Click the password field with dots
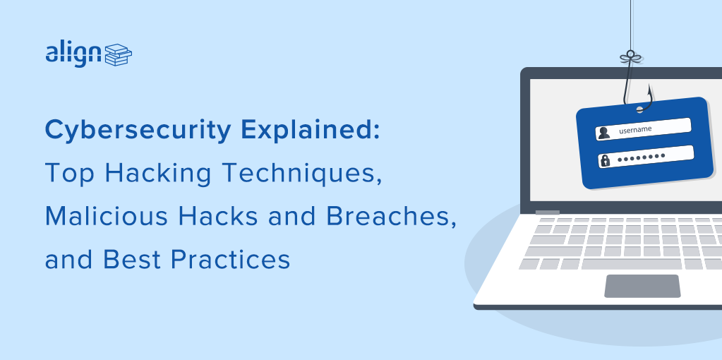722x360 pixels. pyautogui.click(x=645, y=157)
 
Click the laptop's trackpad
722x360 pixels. pyautogui.click(x=642, y=285)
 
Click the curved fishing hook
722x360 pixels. pyautogui.click(x=634, y=88)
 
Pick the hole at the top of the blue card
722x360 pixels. pyautogui.click(x=641, y=108)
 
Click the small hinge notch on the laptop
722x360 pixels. pyautogui.click(x=547, y=212)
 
